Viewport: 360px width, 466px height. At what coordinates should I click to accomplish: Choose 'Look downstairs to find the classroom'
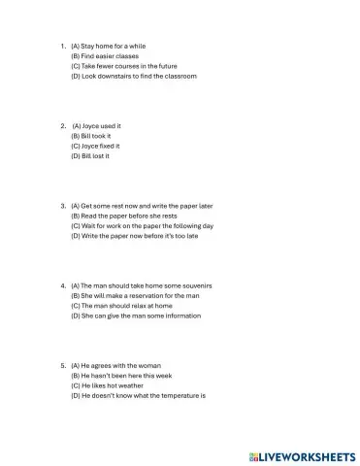[134, 76]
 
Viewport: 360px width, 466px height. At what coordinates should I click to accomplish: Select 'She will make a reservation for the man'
[142, 296]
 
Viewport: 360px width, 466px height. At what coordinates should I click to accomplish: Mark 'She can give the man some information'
[139, 316]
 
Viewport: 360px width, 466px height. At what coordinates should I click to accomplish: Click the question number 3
[61, 206]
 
